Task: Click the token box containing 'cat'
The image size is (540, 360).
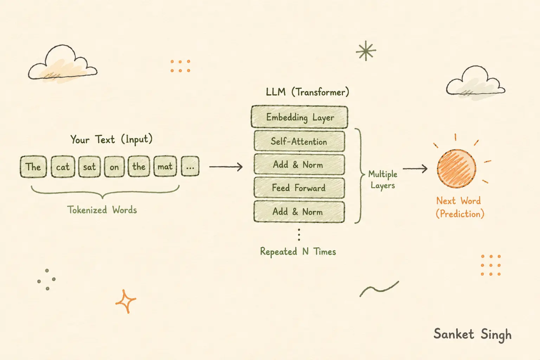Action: [63, 167]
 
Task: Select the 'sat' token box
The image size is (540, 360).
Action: [89, 167]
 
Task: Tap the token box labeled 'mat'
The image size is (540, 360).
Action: [165, 166]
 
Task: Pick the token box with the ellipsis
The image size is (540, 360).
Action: [190, 166]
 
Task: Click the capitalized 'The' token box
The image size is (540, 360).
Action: [33, 167]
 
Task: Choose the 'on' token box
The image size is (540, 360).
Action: [114, 167]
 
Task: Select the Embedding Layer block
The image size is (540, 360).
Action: [300, 117]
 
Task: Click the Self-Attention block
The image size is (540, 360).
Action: [299, 141]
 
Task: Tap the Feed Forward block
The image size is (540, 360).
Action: [299, 188]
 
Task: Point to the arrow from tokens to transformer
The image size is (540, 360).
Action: [226, 167]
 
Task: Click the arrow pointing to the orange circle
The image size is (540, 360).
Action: [415, 168]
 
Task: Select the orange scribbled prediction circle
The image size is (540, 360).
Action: [456, 168]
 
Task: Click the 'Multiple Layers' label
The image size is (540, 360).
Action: [382, 180]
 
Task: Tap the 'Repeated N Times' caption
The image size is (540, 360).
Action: [298, 252]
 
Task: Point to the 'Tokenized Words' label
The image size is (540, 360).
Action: [102, 210]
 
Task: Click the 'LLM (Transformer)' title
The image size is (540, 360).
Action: [307, 92]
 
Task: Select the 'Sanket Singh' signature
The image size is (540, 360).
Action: [472, 335]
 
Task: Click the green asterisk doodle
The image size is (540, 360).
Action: [366, 51]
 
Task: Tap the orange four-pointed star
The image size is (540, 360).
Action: [126, 301]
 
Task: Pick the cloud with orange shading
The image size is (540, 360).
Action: [63, 63]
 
